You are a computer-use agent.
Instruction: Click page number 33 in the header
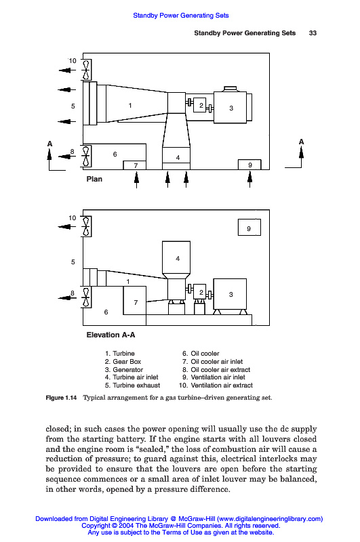(x=313, y=33)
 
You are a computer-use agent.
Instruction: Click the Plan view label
(x=94, y=179)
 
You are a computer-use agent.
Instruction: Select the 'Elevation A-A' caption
(x=111, y=335)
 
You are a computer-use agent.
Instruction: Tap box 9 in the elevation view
(x=249, y=228)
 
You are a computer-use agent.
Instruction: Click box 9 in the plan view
(x=249, y=165)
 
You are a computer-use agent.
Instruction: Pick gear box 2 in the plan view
(x=199, y=105)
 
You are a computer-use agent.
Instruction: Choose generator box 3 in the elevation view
(x=230, y=294)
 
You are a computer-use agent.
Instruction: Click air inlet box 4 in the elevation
(x=176, y=257)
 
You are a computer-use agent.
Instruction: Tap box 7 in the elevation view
(x=134, y=300)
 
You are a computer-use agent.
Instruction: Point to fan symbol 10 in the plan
(x=87, y=70)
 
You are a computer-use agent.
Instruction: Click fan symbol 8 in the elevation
(x=87, y=297)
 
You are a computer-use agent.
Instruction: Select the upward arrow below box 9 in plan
(x=249, y=180)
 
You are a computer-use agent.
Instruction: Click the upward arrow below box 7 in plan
(x=136, y=180)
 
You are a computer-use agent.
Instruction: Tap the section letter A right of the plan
(x=301, y=142)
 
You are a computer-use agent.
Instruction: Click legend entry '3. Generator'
(x=124, y=369)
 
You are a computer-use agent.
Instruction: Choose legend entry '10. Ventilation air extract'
(x=216, y=385)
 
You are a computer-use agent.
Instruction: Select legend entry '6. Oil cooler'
(x=201, y=354)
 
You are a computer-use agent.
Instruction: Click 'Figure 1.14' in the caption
(x=61, y=398)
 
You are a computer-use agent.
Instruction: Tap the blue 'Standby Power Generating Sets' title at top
(x=181, y=16)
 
